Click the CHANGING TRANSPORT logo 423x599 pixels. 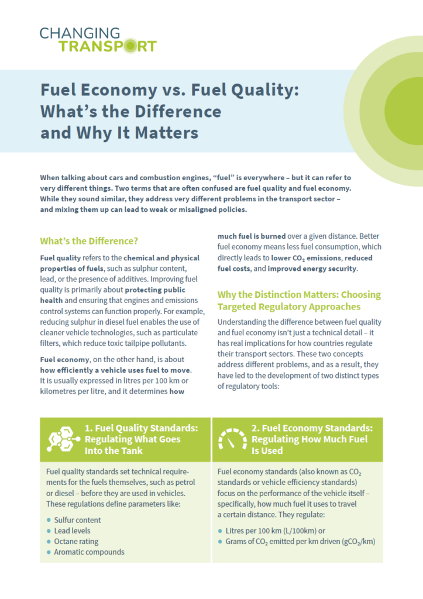pos(98,39)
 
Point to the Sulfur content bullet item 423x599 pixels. pos(77,520)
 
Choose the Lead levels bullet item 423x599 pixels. pos(73,531)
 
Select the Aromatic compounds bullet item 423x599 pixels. pos(89,552)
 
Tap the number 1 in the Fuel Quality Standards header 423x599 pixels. pos(88,428)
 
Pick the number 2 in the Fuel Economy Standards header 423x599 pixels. pos(256,428)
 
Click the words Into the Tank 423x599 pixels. pos(115,450)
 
